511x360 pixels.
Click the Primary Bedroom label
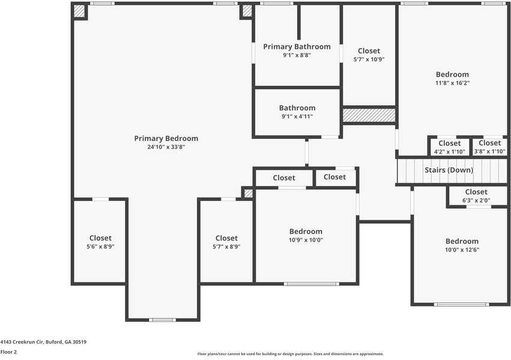tap(166, 139)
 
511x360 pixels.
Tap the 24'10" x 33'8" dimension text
tap(166, 147)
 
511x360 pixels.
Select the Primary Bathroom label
tap(297, 47)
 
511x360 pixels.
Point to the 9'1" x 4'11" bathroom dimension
tap(297, 116)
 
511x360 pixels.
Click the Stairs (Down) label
tap(449, 170)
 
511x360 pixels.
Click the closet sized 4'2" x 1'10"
tap(449, 147)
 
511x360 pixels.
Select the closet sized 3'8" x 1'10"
tap(489, 147)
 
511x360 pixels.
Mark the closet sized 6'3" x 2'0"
tap(476, 196)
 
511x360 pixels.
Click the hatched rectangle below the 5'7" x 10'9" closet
tap(369, 115)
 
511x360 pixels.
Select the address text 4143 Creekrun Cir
tap(43, 342)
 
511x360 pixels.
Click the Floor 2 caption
tap(8, 352)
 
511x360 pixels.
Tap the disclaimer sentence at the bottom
tap(291, 354)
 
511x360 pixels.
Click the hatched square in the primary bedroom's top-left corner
tap(79, 11)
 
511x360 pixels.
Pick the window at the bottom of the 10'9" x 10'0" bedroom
tap(311, 284)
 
